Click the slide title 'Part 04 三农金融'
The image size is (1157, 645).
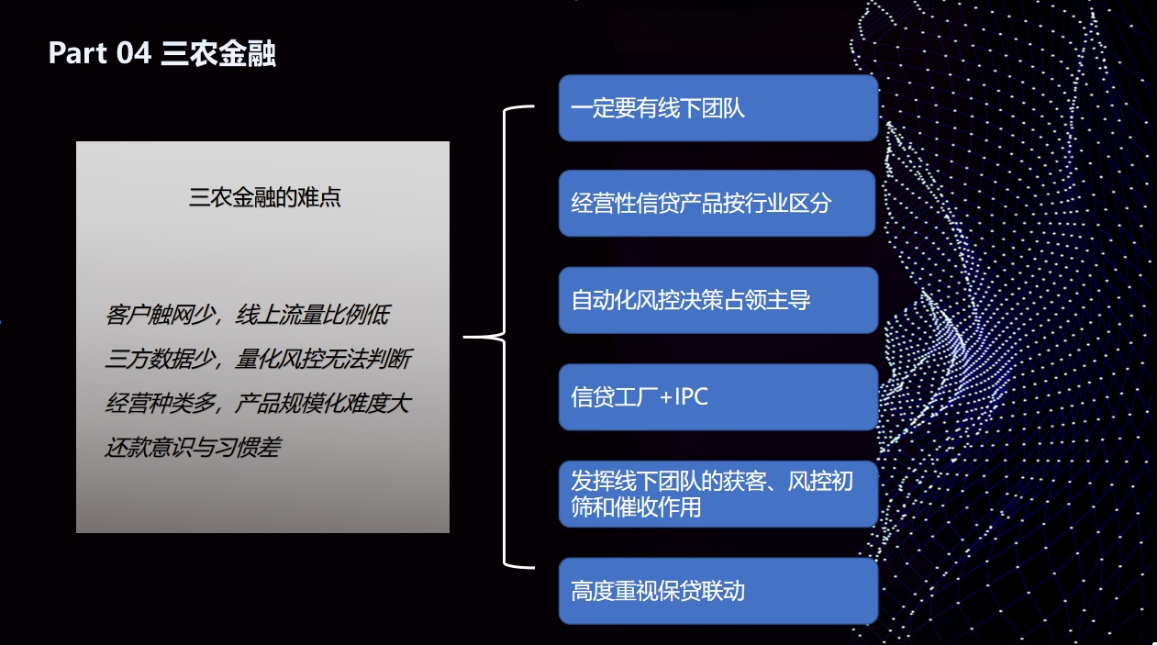tap(161, 54)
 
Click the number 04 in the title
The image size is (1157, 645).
tap(134, 54)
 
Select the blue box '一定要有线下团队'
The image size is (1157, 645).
tap(718, 108)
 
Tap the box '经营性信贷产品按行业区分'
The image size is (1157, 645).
tap(718, 203)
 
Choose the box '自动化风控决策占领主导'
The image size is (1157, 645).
tap(718, 300)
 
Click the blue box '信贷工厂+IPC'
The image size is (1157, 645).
tap(718, 397)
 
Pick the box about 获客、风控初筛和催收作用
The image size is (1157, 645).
tap(718, 494)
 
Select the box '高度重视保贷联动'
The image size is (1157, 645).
tap(718, 591)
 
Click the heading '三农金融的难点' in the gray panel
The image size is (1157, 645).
tap(264, 197)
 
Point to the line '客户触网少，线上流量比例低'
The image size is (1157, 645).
tap(247, 316)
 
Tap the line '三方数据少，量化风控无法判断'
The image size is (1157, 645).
tap(258, 360)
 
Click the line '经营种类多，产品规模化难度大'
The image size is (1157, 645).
tap(258, 404)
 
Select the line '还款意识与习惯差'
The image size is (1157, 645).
tap(193, 448)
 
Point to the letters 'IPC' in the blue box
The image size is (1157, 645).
tap(691, 397)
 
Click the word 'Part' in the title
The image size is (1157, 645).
tap(78, 54)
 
